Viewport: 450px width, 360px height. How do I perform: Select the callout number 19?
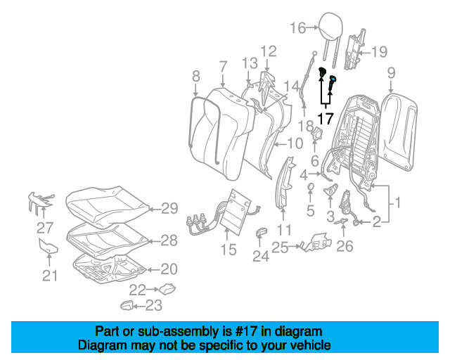pos(380,51)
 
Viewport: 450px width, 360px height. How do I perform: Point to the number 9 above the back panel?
pos(391,72)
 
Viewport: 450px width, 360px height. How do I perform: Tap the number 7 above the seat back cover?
pos(222,67)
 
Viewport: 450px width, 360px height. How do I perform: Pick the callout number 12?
pos(269,51)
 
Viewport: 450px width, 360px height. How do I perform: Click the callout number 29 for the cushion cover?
pos(169,208)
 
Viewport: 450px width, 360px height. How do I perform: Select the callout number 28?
pos(169,240)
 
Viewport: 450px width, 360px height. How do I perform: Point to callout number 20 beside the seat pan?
pos(169,269)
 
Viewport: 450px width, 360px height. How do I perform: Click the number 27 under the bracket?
pos(45,228)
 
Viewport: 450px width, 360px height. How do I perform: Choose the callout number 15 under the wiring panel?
pos(229,249)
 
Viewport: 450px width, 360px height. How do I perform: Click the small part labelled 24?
pos(261,233)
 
